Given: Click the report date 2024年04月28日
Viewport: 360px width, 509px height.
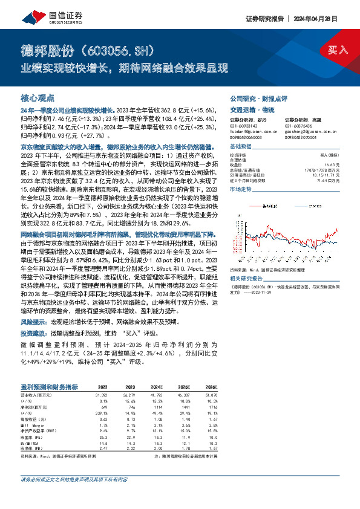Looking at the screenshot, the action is [324, 19].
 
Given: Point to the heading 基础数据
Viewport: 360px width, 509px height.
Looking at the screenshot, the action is [241, 148].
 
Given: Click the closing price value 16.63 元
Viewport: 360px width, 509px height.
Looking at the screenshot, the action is [332, 164].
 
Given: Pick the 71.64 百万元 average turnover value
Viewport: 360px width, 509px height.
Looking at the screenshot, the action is [329, 180].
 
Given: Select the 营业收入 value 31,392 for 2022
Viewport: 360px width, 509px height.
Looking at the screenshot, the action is [99, 394].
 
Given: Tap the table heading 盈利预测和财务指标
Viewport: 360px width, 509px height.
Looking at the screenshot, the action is [49, 386].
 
